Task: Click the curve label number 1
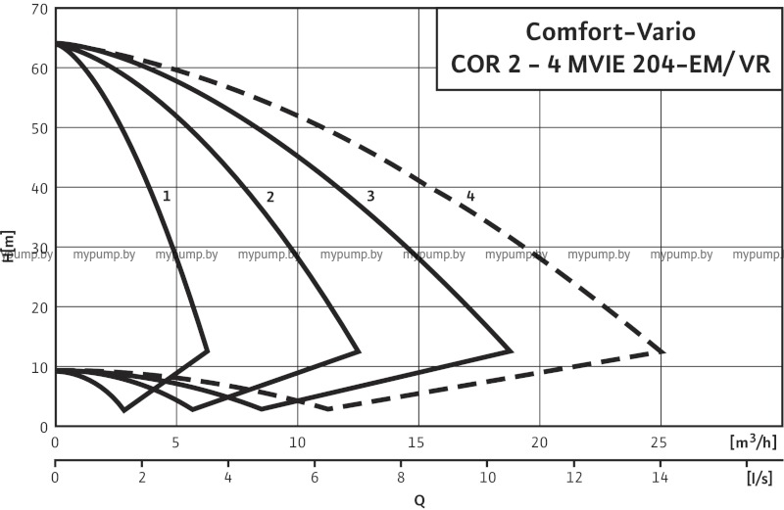click(x=167, y=196)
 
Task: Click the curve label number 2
click(x=269, y=197)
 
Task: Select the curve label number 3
click(x=370, y=196)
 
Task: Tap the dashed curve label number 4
click(x=470, y=196)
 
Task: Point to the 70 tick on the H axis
click(x=39, y=9)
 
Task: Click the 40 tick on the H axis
click(x=39, y=188)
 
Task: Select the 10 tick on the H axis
click(x=39, y=368)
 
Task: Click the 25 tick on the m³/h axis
click(x=660, y=441)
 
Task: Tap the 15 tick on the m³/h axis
click(x=418, y=441)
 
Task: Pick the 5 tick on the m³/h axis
click(x=176, y=441)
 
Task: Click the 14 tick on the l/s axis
click(x=661, y=479)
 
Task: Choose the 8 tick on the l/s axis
click(x=402, y=479)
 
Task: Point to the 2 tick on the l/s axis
click(x=142, y=479)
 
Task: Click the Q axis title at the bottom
click(x=418, y=500)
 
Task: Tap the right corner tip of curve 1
click(x=209, y=350)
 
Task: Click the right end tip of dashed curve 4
click(x=664, y=351)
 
